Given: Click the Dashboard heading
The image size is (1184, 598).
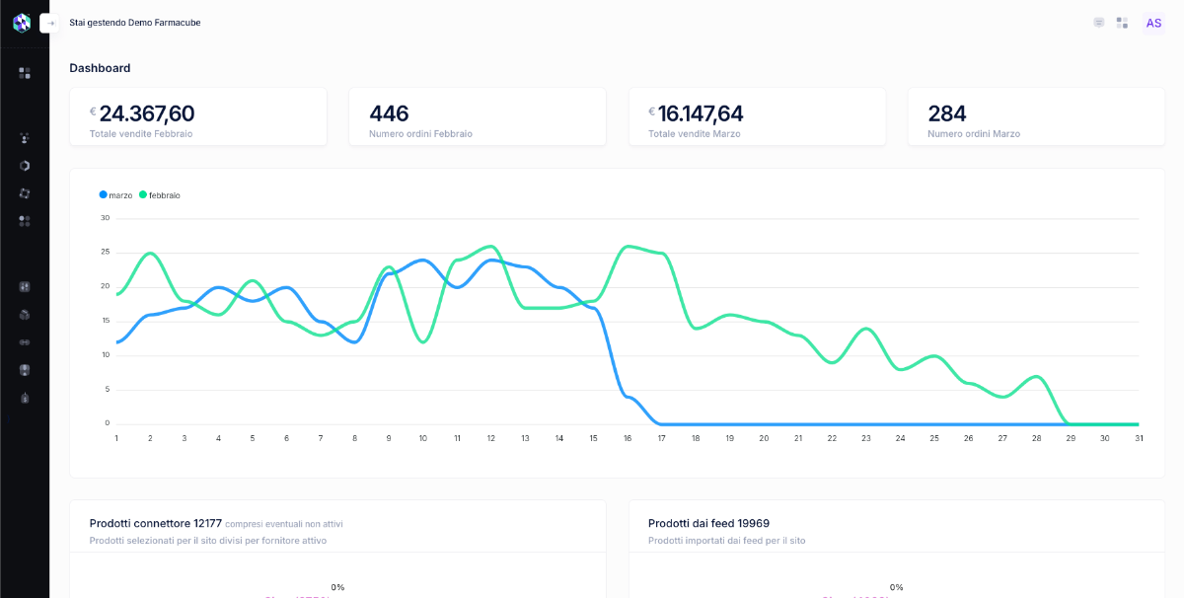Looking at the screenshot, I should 100,68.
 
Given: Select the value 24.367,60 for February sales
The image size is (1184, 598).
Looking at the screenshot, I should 147,113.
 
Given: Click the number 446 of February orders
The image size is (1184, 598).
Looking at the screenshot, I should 389,113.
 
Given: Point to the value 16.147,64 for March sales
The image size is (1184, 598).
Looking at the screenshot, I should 701,113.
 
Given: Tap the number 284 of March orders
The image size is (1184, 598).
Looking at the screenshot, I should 947,113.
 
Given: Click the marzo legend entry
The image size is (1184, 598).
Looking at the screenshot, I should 115,195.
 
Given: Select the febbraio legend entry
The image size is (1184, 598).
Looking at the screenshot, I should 159,195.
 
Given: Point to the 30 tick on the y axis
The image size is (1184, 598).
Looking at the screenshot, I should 106,218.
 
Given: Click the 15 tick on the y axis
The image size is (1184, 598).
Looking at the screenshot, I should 106,321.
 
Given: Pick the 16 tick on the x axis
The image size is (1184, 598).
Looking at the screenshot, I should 628,438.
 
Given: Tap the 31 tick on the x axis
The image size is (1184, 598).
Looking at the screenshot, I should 1138,438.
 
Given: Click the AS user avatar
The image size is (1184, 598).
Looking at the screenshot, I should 1153,23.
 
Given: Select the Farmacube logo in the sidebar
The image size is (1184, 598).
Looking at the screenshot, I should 22,23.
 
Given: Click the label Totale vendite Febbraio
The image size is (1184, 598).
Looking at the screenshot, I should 141,134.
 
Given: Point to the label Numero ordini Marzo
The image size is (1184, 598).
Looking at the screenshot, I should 974,134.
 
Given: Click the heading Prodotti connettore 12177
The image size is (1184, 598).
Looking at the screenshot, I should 155,523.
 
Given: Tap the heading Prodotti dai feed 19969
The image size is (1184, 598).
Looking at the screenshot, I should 708,523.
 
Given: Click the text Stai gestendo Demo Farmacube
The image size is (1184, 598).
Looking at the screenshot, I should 135,23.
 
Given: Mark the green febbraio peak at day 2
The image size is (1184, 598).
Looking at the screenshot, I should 150,254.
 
